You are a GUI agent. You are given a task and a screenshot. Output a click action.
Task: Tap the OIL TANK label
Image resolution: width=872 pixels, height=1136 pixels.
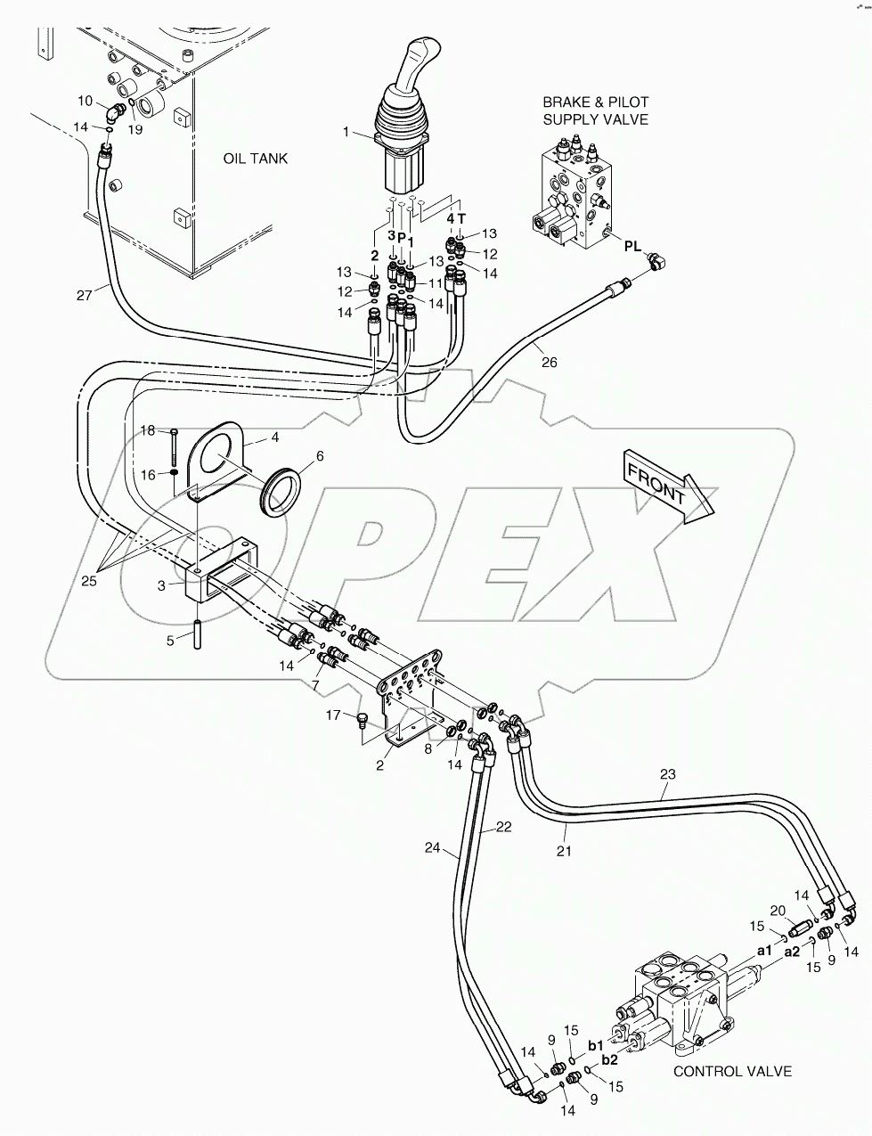point(255,159)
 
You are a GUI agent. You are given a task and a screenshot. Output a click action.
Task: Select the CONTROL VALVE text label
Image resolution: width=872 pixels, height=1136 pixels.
point(732,1072)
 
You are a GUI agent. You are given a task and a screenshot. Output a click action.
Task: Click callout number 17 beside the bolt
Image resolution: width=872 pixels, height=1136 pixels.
point(332,715)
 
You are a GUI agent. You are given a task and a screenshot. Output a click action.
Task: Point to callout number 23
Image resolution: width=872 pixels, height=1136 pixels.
point(668,774)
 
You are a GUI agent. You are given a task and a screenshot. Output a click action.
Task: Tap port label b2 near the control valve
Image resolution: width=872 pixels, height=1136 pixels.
point(610,1059)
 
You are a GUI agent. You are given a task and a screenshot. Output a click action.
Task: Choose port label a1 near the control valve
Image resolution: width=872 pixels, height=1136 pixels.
point(764,951)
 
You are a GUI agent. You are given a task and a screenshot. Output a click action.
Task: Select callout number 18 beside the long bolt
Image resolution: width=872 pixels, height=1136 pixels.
point(148,430)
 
